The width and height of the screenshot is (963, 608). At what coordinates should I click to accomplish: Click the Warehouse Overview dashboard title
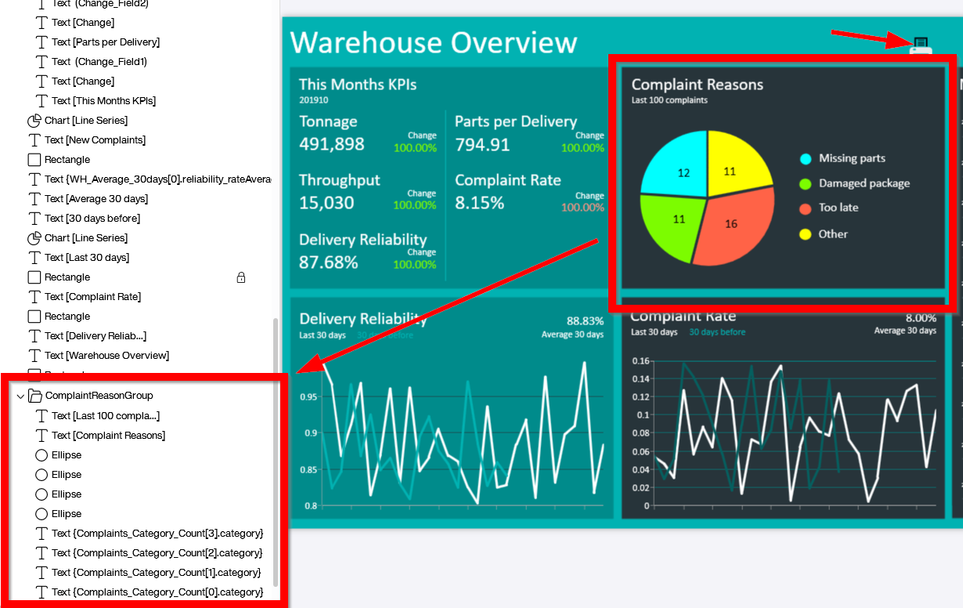point(434,42)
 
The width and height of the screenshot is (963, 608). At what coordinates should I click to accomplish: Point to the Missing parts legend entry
point(852,158)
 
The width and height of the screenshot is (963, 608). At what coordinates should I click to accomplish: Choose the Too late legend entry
point(839,208)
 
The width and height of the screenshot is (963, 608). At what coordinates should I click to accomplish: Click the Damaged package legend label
point(864,183)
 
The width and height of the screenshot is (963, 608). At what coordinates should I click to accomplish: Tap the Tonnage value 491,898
point(332,144)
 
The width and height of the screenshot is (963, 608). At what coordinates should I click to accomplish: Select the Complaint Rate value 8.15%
point(480,203)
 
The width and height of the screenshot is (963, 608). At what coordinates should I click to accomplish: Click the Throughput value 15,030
point(326,203)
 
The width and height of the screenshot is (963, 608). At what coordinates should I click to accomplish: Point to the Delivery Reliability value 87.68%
point(329,262)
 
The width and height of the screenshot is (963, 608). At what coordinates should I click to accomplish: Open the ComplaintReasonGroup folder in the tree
point(99,396)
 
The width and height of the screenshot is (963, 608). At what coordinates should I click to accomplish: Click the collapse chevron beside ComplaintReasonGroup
point(20,396)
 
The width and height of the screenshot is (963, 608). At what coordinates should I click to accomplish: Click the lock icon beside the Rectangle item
point(241,277)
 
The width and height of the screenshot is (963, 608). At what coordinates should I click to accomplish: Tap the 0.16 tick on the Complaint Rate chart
point(640,361)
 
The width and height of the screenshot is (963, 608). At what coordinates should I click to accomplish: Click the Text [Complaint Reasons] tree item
point(108,436)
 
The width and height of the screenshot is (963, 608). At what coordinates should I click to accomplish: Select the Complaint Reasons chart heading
point(698,85)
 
